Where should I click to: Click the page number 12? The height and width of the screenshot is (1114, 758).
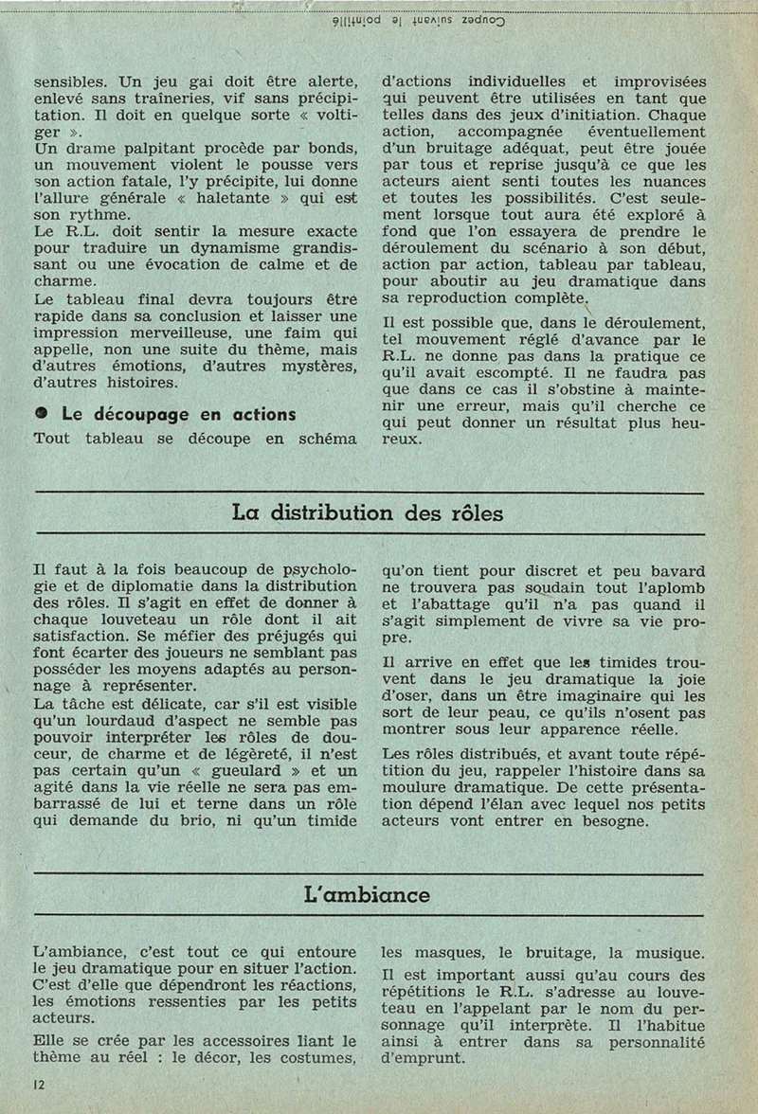[x=38, y=1083]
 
